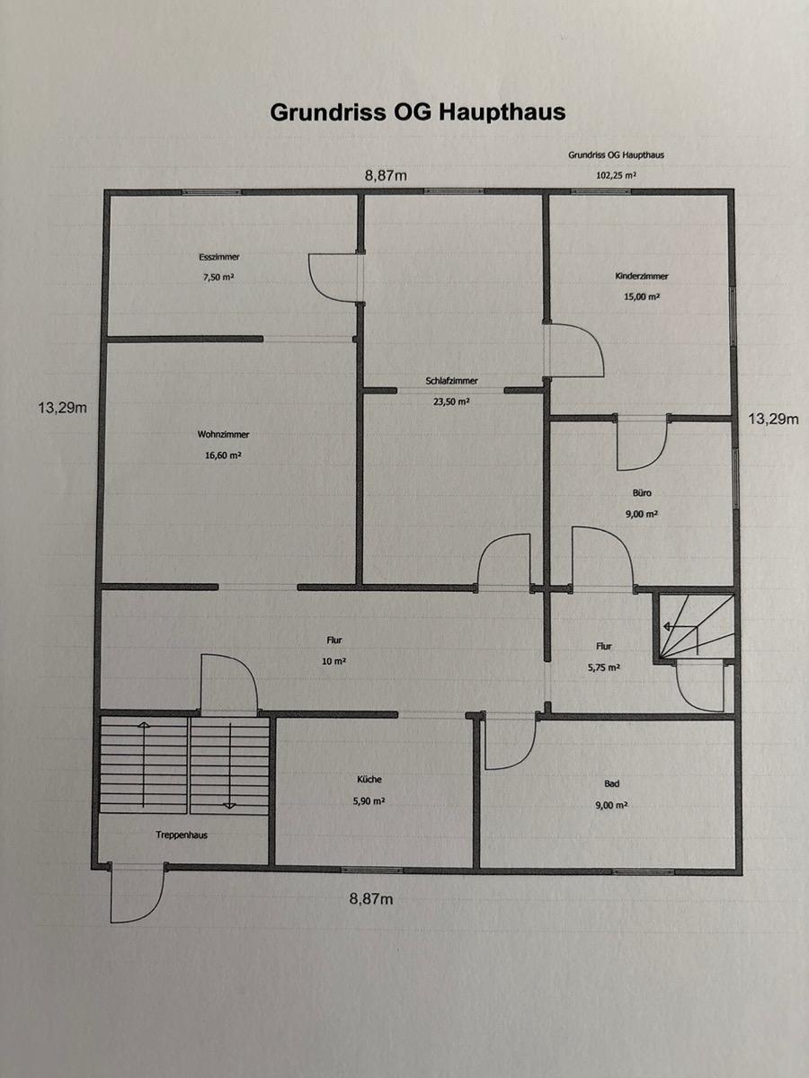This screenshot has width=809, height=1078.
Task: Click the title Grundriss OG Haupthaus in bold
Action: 417,112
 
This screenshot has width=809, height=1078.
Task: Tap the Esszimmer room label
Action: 219,257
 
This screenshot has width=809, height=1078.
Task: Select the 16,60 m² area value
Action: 223,455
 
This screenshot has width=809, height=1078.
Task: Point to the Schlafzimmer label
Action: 452,381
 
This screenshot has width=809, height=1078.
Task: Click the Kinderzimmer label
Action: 642,276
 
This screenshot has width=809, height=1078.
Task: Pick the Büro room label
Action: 642,492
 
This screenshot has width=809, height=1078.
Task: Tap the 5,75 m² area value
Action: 604,667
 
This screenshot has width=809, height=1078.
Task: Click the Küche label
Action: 369,780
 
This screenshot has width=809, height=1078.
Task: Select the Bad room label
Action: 611,784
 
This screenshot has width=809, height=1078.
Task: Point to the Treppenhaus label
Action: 182,835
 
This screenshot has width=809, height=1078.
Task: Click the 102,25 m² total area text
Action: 617,175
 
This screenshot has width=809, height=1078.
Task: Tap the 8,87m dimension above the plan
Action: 386,176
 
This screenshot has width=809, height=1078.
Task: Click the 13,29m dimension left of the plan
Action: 62,408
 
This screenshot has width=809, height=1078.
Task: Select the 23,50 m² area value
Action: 451,402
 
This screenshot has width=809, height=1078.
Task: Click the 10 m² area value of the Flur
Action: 334,661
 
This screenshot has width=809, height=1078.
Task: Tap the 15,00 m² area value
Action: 642,296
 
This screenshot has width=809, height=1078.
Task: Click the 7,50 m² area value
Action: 218,277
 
